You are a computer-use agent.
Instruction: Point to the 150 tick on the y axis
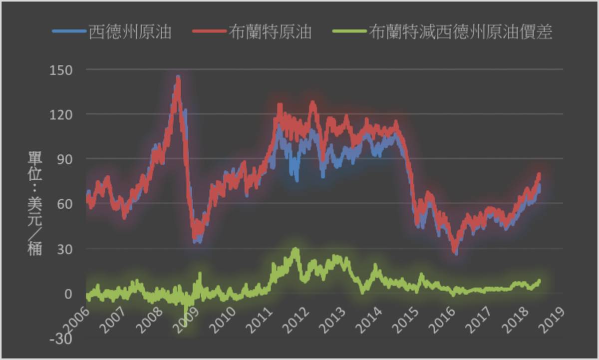[x=61, y=69]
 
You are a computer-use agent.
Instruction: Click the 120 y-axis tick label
[x=61, y=114]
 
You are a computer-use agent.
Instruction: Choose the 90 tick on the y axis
[x=65, y=159]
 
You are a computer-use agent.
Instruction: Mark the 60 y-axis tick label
[x=65, y=204]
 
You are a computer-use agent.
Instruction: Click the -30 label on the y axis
[x=62, y=338]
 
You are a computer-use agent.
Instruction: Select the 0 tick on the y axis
[x=69, y=294]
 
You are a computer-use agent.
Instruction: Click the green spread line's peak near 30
[x=296, y=249]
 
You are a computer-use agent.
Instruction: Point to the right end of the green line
[x=539, y=281]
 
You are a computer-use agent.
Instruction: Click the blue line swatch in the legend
[x=69, y=32]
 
